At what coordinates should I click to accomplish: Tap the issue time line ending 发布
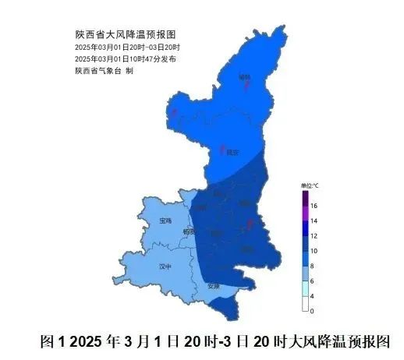pos(125,59)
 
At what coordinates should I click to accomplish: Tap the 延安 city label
pos(232,154)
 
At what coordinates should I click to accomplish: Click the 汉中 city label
pos(164,266)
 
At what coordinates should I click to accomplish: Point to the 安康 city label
pos(214,286)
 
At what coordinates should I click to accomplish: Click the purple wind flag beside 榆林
pos(247,85)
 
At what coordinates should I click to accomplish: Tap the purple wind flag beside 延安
pos(224,147)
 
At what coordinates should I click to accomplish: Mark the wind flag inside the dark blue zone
pos(250,224)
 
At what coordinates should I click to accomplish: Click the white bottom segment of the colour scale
pos(307,307)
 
